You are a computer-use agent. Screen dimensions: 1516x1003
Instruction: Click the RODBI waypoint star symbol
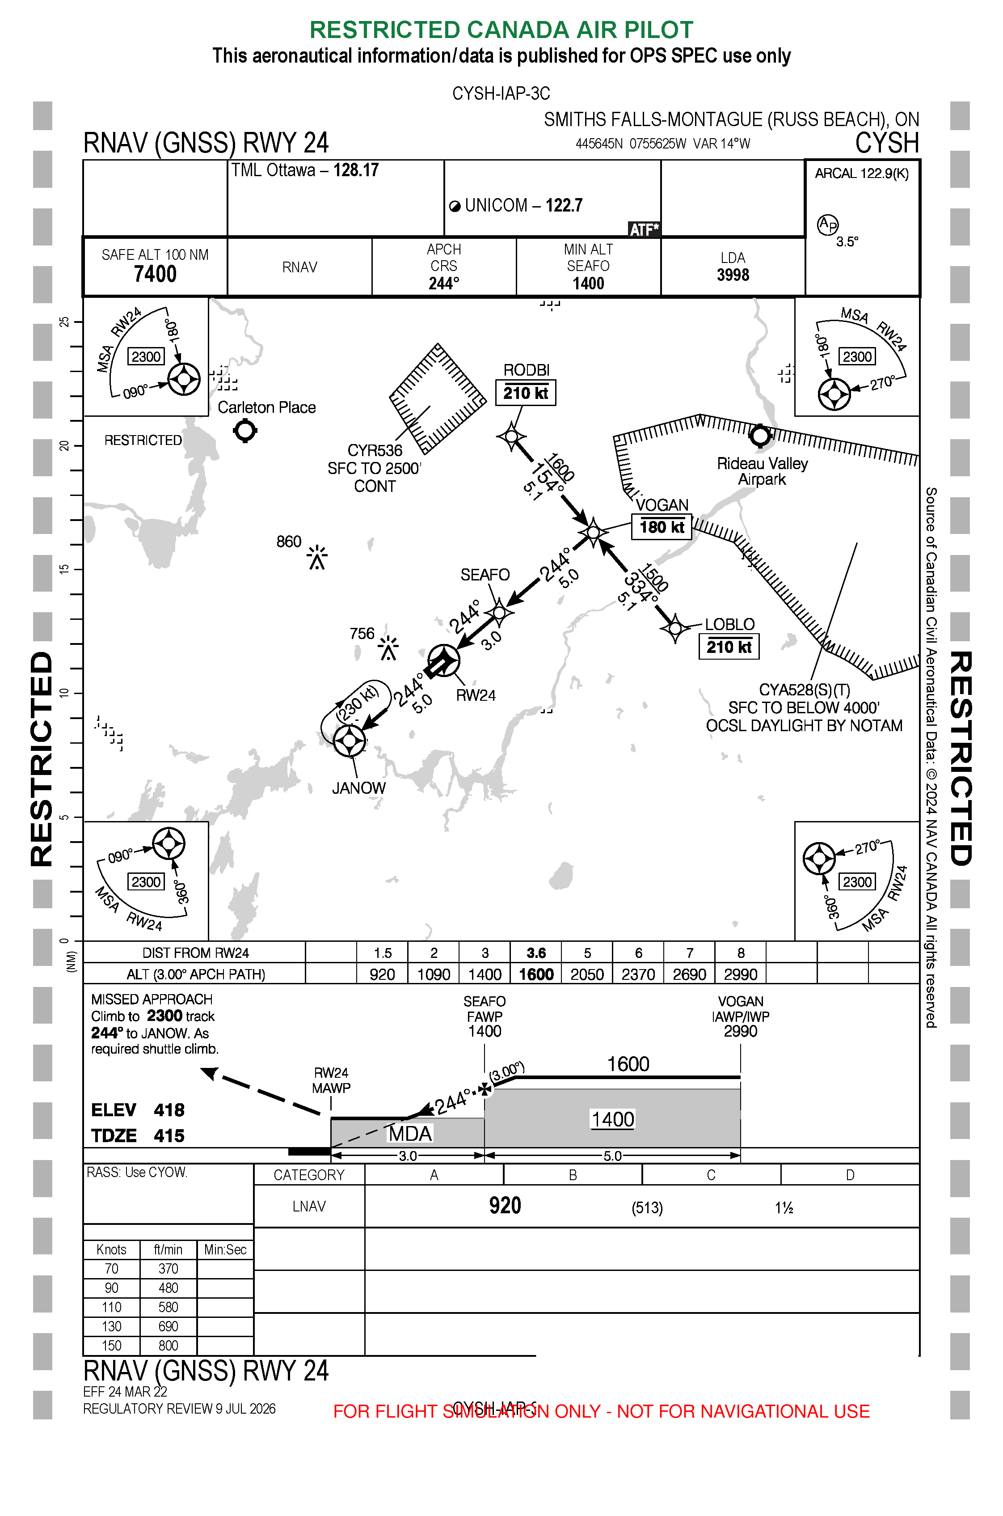[x=511, y=437]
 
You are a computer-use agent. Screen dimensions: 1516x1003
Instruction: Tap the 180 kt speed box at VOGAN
[x=662, y=527]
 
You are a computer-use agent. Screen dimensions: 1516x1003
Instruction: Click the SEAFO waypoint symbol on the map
[x=499, y=612]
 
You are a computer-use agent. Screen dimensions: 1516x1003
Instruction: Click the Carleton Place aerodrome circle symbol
[x=245, y=431]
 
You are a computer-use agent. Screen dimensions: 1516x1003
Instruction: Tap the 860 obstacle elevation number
[x=288, y=542]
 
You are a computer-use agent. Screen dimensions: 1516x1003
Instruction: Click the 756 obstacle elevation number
[x=362, y=634]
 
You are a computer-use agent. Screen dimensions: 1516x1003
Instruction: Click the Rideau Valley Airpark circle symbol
[x=760, y=436]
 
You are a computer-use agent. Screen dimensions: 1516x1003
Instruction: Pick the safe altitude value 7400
[x=155, y=274]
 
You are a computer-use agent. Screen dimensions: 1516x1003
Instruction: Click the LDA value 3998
[x=733, y=275]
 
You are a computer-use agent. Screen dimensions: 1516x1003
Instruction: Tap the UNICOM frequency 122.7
[x=564, y=205]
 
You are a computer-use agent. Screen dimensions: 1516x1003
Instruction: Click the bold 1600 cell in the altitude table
[x=536, y=974]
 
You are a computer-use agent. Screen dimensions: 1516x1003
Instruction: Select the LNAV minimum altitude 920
[x=505, y=1206]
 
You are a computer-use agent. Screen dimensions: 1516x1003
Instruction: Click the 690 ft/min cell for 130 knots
[x=168, y=1326]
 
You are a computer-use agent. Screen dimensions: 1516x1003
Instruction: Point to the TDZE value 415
[x=169, y=1136]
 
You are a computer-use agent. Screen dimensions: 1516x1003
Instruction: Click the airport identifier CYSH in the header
[x=887, y=143]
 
